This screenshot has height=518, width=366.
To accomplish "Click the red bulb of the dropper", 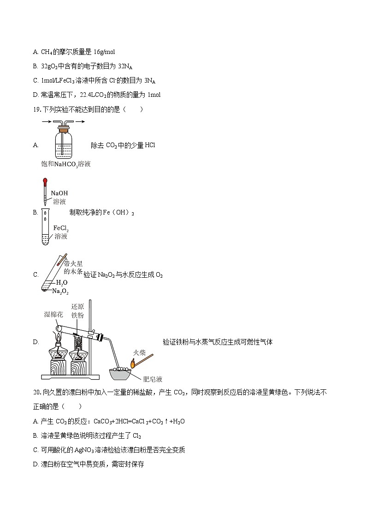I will pos(45,182).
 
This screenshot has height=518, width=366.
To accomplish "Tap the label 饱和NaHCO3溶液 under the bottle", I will pos(65,164).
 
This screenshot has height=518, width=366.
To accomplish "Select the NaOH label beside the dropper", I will pos(59,193).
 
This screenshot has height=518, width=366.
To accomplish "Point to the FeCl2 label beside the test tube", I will pos(61,228).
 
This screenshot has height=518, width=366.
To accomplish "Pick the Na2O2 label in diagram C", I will pos(60,291).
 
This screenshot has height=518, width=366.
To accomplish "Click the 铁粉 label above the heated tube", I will pos(77,315).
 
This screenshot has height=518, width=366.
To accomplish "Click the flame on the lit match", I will pos(132,364).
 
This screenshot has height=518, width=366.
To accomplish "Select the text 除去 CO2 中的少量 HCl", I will pos(123,145).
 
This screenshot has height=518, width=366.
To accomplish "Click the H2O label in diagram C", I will pos(62,282).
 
